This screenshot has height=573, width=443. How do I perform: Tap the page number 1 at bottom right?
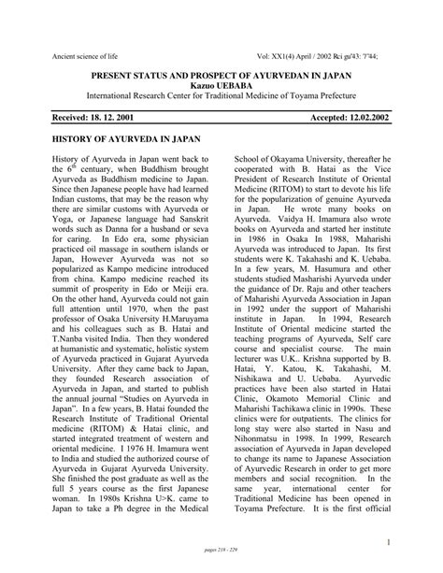click(x=412, y=542)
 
